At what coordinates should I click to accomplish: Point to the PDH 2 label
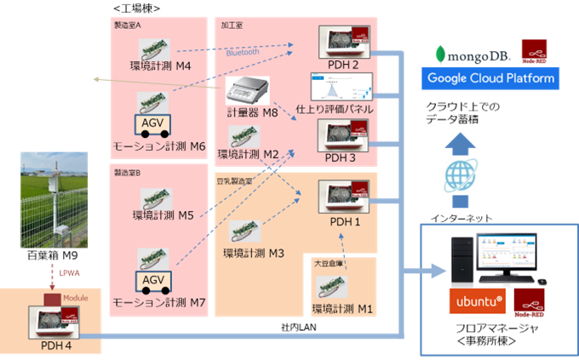pyautogui.click(x=342, y=65)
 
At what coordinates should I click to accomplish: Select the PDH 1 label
pyautogui.click(x=342, y=221)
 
